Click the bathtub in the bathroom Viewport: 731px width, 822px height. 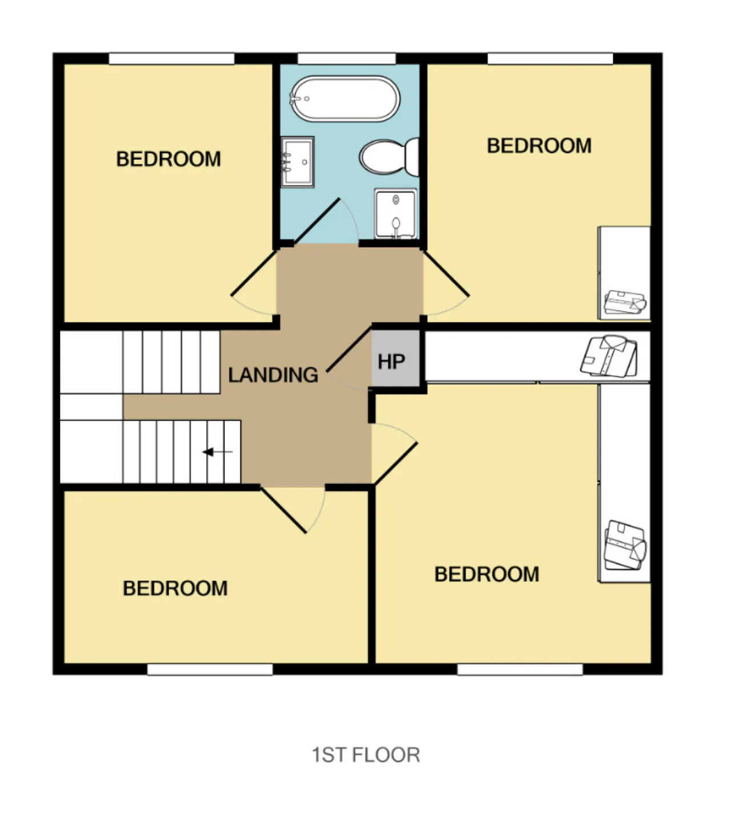click(x=346, y=99)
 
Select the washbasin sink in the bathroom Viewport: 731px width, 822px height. click(x=298, y=162)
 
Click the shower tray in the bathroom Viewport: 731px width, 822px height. click(x=396, y=214)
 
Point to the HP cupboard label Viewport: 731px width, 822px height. click(x=391, y=361)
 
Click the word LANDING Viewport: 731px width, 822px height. click(x=273, y=375)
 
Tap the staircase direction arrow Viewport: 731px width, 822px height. click(x=218, y=452)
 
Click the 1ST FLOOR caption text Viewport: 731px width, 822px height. click(x=365, y=755)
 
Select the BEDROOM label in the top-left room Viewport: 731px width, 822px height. click(x=168, y=159)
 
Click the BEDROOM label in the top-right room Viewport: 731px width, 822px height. click(x=539, y=146)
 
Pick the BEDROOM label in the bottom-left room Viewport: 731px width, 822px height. click(x=175, y=589)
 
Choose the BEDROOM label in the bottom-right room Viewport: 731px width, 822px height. click(x=487, y=574)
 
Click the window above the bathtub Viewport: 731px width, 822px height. click(x=347, y=58)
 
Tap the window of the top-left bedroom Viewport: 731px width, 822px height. click(x=172, y=58)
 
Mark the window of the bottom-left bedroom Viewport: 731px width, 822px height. click(x=210, y=669)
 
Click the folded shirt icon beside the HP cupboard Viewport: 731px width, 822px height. click(x=609, y=356)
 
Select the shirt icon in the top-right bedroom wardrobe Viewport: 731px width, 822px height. click(x=625, y=302)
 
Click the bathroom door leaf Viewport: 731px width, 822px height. click(x=317, y=221)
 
